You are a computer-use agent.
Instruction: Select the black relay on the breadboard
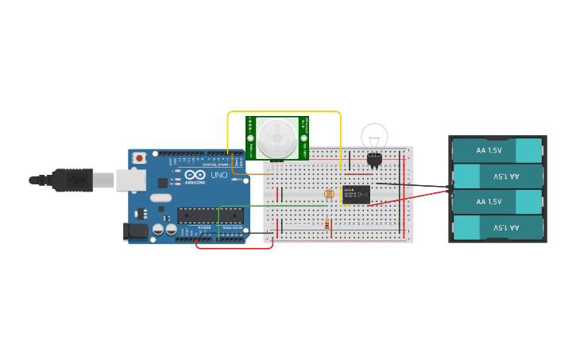pos(356,195)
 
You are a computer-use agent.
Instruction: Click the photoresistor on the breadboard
pos(329,194)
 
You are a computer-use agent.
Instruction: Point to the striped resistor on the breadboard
pos(329,224)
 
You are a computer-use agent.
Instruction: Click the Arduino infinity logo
pos(194,175)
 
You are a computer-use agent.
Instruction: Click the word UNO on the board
pos(218,175)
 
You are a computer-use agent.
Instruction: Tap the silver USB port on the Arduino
pos(129,180)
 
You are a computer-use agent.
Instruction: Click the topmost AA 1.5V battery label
pos(489,150)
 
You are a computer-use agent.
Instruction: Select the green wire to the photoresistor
pos(270,205)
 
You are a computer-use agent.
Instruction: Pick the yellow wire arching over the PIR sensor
pos(284,112)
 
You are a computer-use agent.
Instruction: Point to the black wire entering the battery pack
pos(413,186)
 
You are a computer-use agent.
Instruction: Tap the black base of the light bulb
pos(374,158)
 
